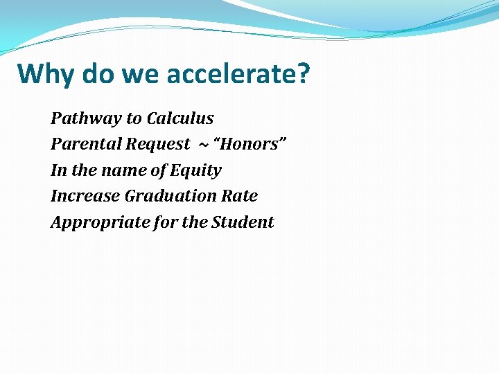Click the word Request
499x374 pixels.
pos(157,144)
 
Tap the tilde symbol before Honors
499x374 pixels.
pos(203,144)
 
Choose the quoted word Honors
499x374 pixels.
pos(250,144)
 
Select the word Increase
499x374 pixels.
pos(85,196)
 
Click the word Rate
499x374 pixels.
pos(240,196)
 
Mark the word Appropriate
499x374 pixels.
pos(94,222)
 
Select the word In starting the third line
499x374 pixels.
pos(58,170)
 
